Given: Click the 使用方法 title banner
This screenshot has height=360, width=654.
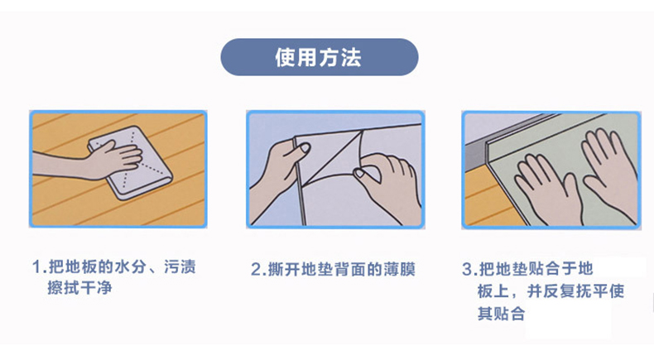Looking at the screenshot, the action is point(319,57).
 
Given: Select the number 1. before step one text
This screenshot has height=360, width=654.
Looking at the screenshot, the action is point(39,266).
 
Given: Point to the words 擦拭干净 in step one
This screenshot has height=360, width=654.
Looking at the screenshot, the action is point(79,288).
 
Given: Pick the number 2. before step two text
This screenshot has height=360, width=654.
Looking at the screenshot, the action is point(258,270).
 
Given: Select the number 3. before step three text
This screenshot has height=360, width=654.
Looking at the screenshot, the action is point(469,269).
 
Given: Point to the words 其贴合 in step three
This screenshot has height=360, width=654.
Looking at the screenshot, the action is point(502,313).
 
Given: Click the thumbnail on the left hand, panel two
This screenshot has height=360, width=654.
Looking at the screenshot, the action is point(305,147).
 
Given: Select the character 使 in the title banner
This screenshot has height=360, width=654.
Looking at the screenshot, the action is point(286,58).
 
